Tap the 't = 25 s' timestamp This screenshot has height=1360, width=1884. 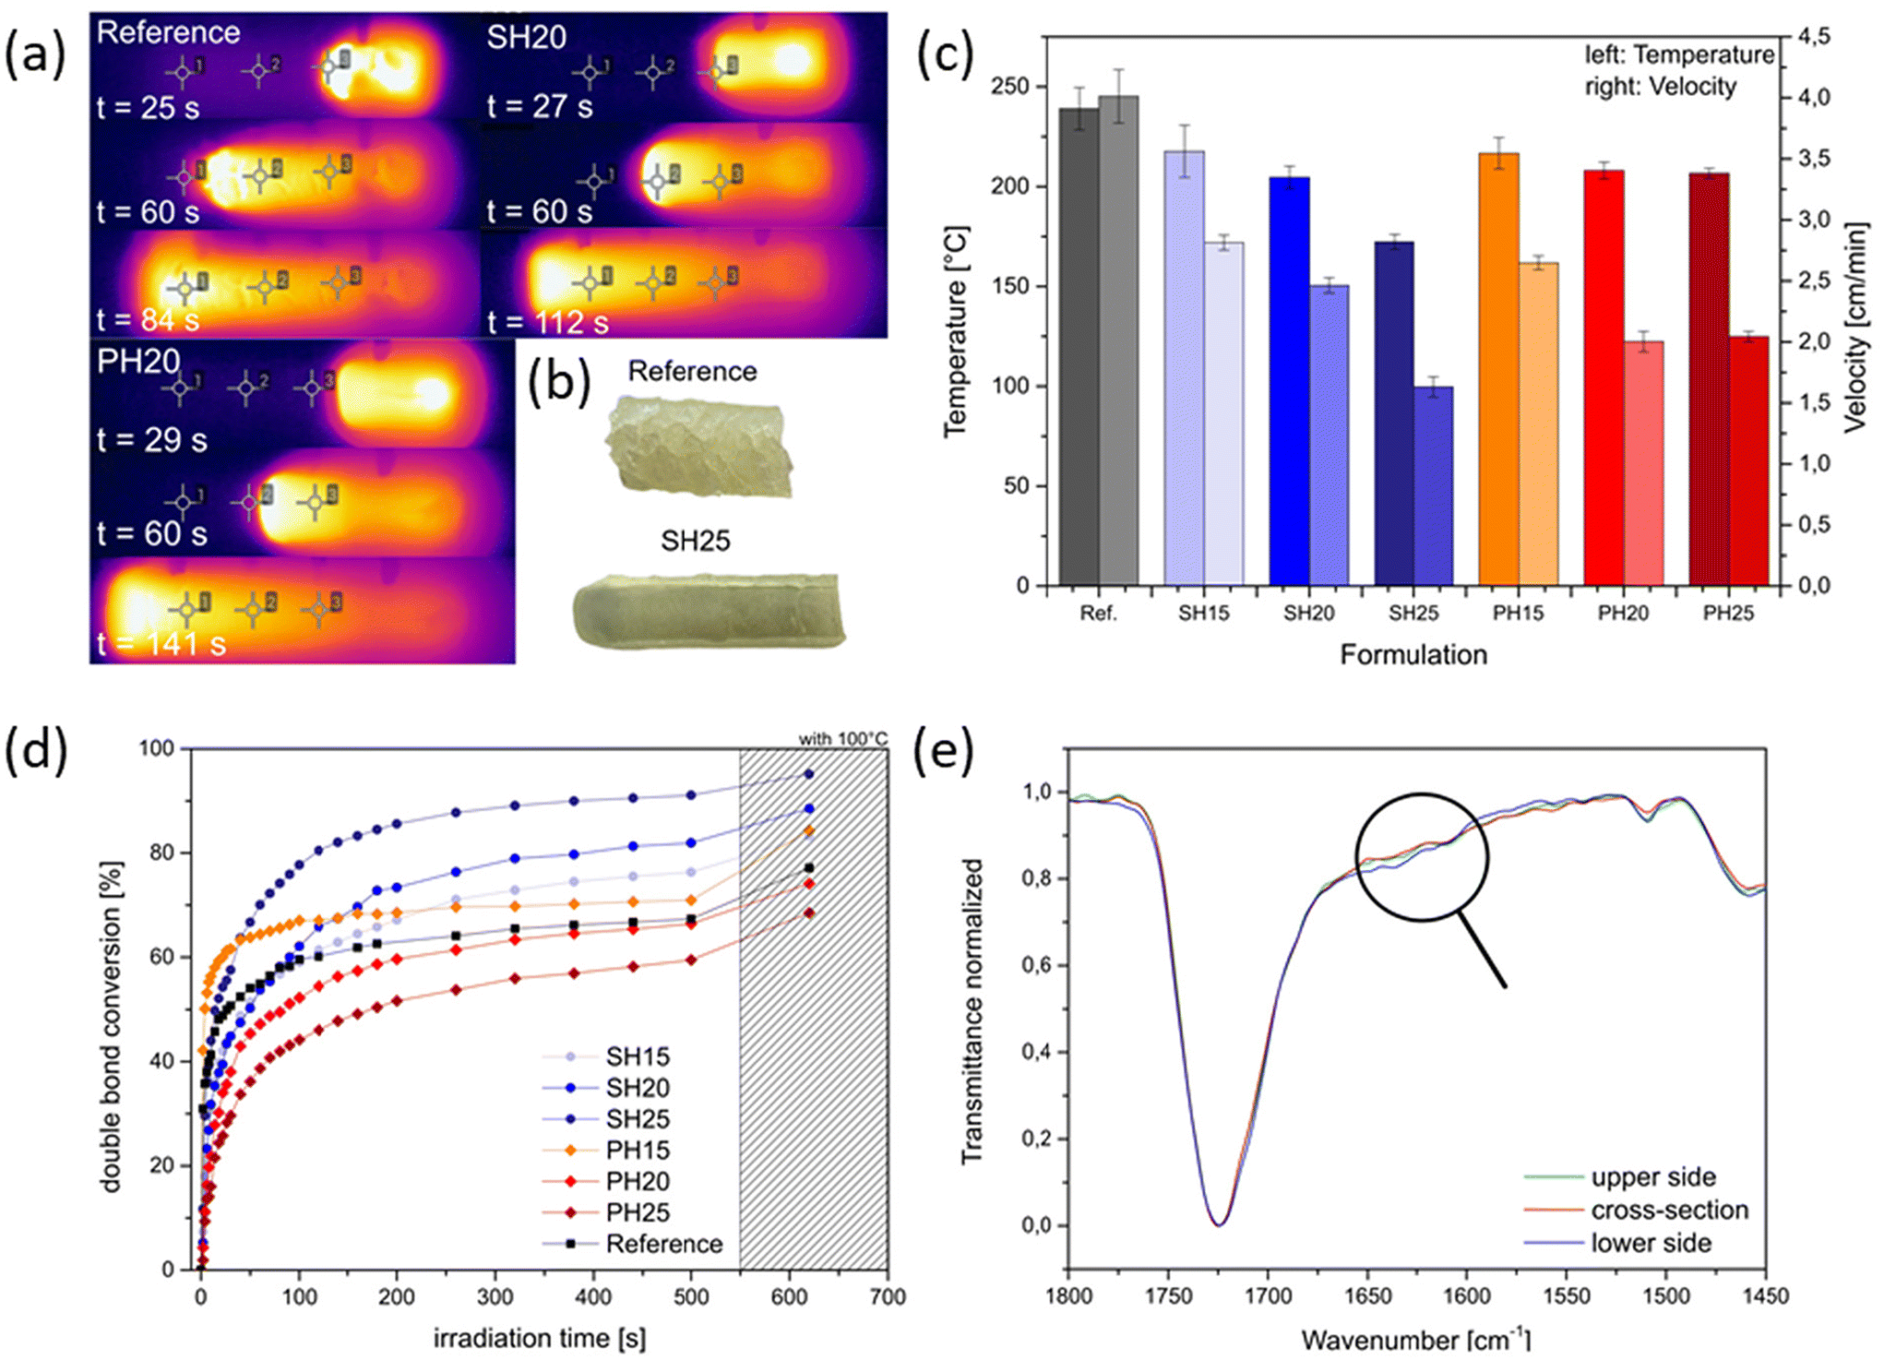tap(148, 108)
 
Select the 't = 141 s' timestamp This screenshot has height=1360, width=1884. tap(161, 644)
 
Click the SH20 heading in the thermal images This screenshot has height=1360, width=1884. tap(526, 38)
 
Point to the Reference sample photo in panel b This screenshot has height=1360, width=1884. tap(698, 447)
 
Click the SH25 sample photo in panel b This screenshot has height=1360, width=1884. tap(709, 610)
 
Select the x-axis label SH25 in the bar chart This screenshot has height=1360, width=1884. tap(1413, 614)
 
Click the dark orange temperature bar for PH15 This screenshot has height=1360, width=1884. tap(1498, 369)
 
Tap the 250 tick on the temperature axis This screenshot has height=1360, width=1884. tap(1009, 87)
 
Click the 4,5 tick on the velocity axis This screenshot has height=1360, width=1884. tap(1813, 37)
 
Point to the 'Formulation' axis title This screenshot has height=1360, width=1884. tap(1413, 655)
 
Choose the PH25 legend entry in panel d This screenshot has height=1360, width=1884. tap(638, 1212)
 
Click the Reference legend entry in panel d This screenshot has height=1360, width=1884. tap(663, 1244)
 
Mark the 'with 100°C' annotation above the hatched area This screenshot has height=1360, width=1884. tap(842, 738)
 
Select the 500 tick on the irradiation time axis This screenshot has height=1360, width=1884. tap(691, 1296)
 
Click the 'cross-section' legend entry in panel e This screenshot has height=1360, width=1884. tap(1669, 1210)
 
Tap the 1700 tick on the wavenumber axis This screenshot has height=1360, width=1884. tap(1268, 1295)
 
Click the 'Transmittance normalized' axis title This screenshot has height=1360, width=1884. tap(972, 1011)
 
